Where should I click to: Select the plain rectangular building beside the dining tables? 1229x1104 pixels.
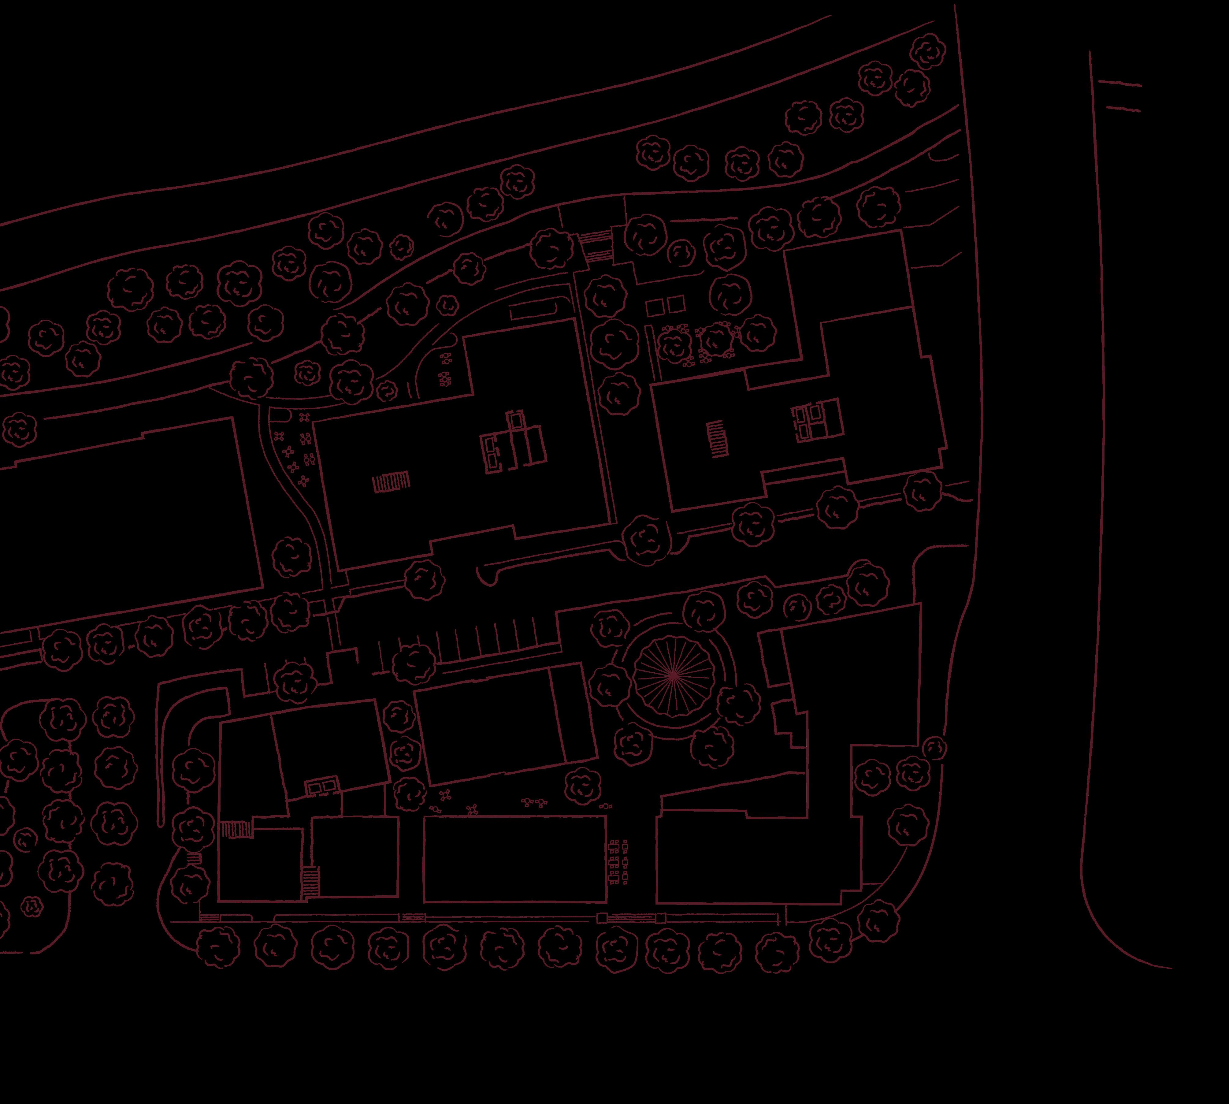pyautogui.click(x=514, y=858)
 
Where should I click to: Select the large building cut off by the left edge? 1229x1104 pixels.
pyautogui.click(x=121, y=516)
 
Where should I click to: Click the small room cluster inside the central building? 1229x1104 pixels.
pyautogui.click(x=513, y=443)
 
